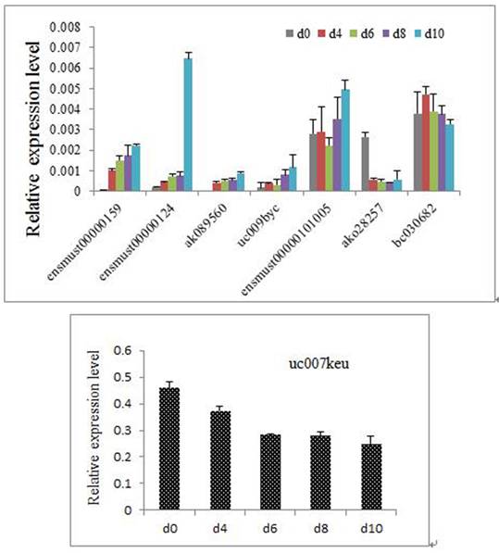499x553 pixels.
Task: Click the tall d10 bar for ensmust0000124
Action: [x=188, y=124]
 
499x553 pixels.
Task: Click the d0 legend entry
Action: [x=295, y=33]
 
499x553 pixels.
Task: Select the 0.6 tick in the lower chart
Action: [x=121, y=350]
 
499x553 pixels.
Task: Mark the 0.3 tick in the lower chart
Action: [x=121, y=430]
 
